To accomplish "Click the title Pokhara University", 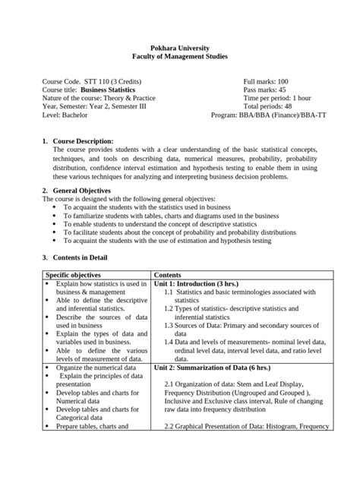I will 179,47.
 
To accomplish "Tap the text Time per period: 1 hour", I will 277,99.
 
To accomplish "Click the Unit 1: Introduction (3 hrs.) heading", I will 198,283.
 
